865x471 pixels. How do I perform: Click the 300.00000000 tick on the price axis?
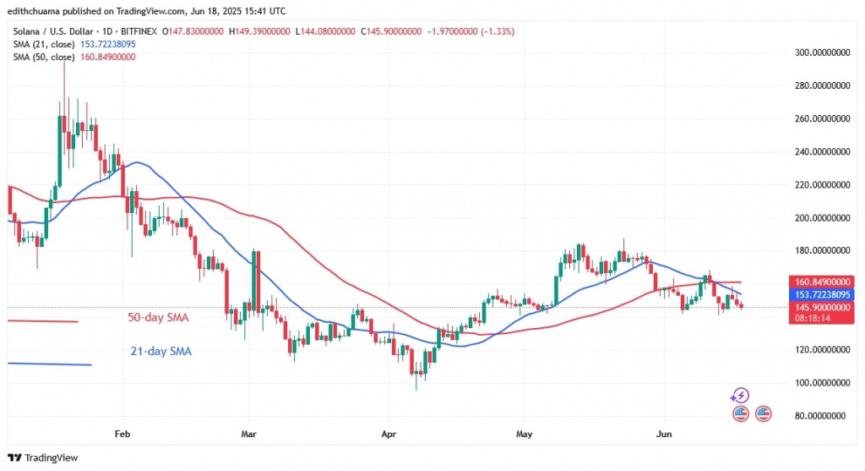tap(819, 52)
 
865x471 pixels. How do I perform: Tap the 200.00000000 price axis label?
tap(819, 218)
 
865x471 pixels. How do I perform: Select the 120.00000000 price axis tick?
tap(819, 350)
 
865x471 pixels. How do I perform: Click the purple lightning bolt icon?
tap(740, 395)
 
